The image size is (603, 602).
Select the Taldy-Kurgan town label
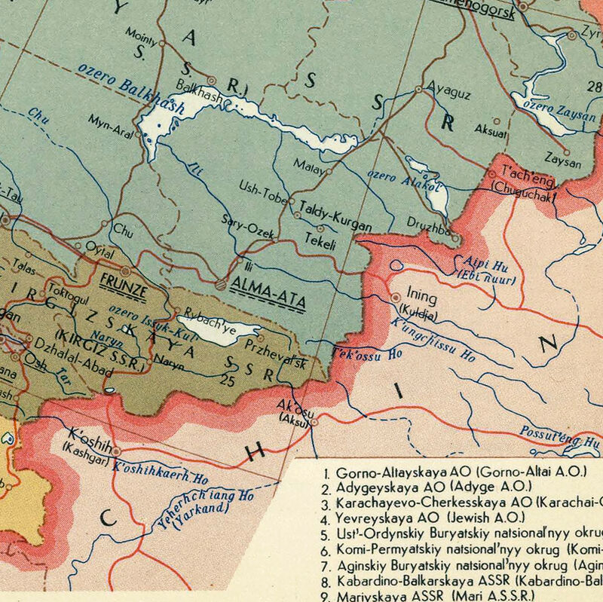click(x=335, y=206)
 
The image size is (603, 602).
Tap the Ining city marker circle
click(x=396, y=297)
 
